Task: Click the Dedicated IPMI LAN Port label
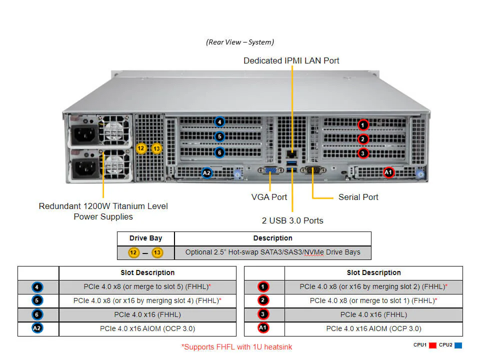(291, 60)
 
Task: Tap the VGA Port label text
(269, 197)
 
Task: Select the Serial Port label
(358, 197)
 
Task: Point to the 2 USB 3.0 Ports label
(292, 220)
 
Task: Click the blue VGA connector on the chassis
(270, 171)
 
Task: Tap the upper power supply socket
(83, 134)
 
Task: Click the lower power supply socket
(83, 168)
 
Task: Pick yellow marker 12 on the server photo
(141, 148)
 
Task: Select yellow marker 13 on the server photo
(157, 148)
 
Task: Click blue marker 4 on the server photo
(219, 121)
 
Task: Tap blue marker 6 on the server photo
(219, 152)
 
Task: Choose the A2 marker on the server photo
(207, 173)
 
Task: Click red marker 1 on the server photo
(363, 124)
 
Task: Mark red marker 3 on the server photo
(363, 153)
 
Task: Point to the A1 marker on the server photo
(388, 172)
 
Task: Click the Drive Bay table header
(145, 238)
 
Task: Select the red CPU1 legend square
(433, 345)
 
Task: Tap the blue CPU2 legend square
(458, 345)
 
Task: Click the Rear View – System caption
(240, 42)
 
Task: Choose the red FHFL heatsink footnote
(237, 346)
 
